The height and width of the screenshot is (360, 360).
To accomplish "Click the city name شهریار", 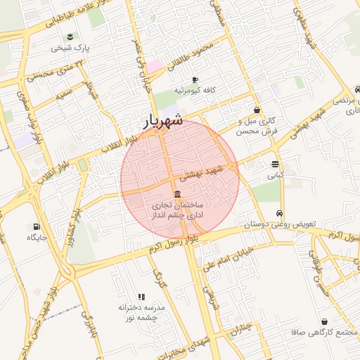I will click(163, 121).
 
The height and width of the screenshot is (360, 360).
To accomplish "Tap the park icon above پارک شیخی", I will click(70, 37).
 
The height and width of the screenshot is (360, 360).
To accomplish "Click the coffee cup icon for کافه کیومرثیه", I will click(195, 79).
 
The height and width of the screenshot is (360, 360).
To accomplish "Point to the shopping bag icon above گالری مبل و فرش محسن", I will click(257, 110).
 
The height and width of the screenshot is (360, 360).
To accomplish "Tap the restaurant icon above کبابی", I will click(274, 163).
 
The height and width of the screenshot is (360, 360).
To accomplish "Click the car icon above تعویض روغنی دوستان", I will click(280, 213).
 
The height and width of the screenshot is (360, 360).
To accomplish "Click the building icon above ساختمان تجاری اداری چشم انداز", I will click(176, 194).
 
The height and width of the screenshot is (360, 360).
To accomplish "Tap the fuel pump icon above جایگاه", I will click(37, 226).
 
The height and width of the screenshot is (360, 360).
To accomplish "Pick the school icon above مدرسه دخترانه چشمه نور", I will click(141, 297).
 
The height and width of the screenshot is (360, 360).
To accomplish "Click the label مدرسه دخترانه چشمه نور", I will click(141, 313).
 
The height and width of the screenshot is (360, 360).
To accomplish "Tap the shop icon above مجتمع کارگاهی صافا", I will click(324, 321).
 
